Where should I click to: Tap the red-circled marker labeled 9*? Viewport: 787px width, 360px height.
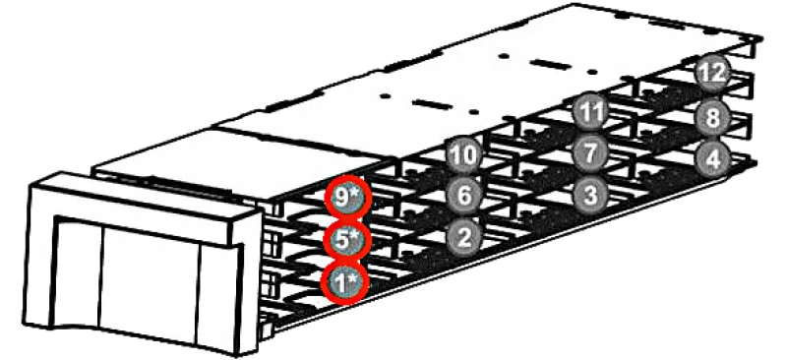tap(345, 197)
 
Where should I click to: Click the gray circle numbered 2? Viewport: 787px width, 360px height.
tap(463, 236)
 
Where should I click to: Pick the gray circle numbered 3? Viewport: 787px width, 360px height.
tap(588, 193)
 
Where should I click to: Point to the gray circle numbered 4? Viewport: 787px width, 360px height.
tap(711, 157)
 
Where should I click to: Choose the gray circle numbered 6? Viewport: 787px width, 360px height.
tap(463, 195)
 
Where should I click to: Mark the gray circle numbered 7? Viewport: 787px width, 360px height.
tap(588, 152)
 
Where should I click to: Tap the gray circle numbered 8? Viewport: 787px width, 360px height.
tap(711, 118)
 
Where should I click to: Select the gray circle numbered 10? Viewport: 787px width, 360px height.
tap(463, 154)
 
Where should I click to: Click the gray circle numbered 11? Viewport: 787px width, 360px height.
tap(588, 112)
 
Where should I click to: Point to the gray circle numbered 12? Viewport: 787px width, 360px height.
tap(711, 72)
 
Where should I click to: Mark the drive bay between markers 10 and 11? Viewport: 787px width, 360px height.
tap(526, 136)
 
